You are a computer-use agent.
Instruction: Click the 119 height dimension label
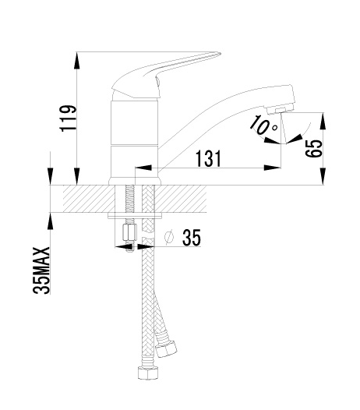coord(69,118)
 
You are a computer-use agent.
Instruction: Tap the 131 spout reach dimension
coord(208,159)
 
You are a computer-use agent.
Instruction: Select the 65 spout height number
coord(313,148)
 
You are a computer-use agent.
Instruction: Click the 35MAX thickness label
coord(41,270)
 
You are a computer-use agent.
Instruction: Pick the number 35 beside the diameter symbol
coord(192,238)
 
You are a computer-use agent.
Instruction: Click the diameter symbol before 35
coord(169,237)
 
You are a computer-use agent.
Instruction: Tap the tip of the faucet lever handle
coord(221,54)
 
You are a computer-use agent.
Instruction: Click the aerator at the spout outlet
coord(281,110)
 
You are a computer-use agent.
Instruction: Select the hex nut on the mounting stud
coord(129,232)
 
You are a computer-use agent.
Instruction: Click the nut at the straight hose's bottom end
coord(148,373)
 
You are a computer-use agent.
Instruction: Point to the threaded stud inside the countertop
coord(129,199)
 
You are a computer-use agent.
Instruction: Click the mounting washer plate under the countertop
coord(135,216)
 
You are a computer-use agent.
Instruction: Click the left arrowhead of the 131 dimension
coord(143,168)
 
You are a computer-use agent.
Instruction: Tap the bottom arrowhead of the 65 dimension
coord(323,176)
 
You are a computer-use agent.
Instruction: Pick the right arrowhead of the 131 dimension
coord(272,168)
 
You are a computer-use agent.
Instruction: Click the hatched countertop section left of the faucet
coord(89,199)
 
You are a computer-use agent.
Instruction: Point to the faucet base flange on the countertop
coord(135,182)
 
